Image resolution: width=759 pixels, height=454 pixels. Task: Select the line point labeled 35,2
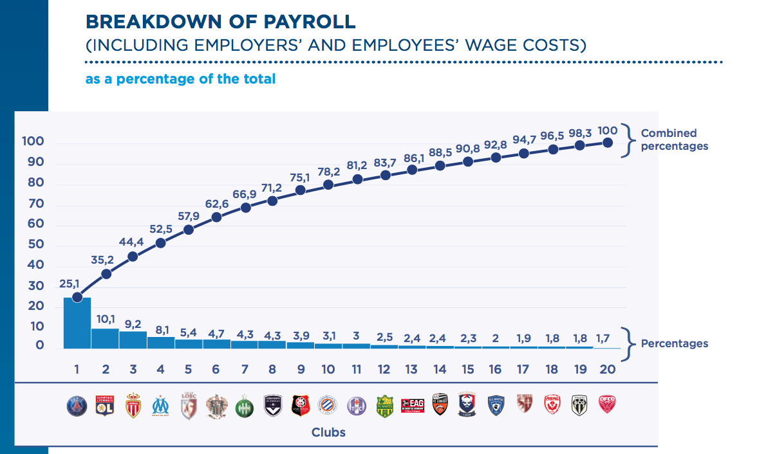106,274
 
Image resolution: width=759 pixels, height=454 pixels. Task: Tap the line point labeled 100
606,143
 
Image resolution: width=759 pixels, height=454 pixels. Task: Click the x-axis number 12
384,369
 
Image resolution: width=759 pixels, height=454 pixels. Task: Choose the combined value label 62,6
216,204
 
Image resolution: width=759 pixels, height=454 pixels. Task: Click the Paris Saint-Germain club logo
77,406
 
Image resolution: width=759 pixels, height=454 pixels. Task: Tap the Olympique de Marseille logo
160,406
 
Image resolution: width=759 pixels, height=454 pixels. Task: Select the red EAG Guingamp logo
412,405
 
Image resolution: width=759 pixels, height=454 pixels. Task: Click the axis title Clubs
328,432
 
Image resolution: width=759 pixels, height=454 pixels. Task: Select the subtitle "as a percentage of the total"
180,79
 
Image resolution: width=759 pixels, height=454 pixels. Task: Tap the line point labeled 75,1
301,190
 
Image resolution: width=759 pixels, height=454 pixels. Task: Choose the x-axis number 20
607,369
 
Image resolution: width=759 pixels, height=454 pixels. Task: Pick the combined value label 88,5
440,153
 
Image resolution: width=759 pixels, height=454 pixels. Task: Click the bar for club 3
133,340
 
